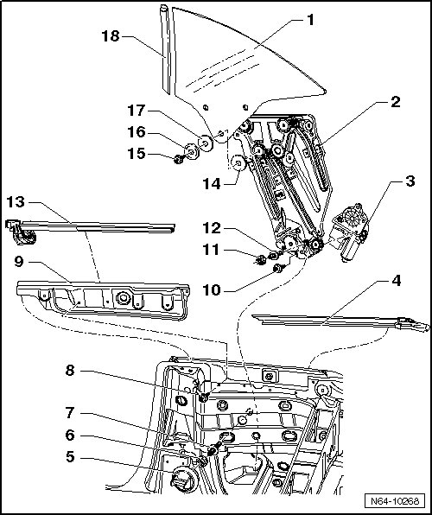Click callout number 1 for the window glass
[x=310, y=20]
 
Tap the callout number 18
[x=111, y=36]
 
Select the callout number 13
[x=16, y=201]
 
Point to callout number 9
[x=19, y=262]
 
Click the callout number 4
[x=397, y=281]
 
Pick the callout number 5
[x=70, y=457]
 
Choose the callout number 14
[x=212, y=183]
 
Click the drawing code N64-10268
[x=395, y=501]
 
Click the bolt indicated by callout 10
[x=278, y=268]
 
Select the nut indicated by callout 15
[x=179, y=159]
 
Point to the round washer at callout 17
[x=206, y=143]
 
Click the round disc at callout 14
[x=238, y=162]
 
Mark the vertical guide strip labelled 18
[x=166, y=49]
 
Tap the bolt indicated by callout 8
[x=204, y=397]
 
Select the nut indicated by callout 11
[x=262, y=260]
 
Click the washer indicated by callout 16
[x=192, y=151]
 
